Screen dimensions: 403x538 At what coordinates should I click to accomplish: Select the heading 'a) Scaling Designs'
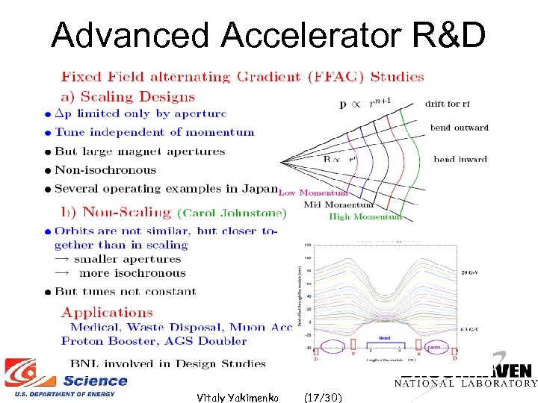coord(127,96)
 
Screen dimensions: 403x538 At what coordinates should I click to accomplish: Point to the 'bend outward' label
coord(459,128)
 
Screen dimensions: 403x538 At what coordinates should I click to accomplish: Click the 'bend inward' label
coord(460,159)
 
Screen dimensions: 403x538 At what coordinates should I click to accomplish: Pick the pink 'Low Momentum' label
coord(307,193)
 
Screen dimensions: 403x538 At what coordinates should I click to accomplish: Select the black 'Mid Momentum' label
coord(338,204)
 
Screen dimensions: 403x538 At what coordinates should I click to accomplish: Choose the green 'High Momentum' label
coord(365,216)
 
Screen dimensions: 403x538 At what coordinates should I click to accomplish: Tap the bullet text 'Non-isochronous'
coord(105,170)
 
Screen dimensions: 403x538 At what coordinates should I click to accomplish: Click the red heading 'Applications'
coord(107,313)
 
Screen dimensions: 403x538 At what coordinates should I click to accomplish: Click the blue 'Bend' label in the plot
coord(384,337)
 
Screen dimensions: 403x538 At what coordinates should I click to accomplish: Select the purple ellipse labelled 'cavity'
coord(432,346)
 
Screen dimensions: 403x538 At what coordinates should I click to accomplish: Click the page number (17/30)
coord(324,397)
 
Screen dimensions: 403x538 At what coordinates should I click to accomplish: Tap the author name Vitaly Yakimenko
coord(238,397)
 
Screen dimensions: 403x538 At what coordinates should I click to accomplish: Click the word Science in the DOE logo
coord(95,381)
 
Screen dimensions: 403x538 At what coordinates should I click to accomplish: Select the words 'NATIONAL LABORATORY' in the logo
coord(466,384)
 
